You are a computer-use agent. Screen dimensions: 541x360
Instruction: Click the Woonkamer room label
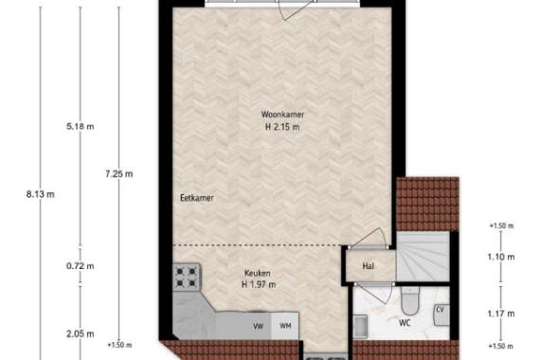tap(282, 114)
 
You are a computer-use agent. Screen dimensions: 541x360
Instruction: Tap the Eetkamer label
tap(197, 198)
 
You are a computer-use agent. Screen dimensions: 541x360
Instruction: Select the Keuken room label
tap(258, 274)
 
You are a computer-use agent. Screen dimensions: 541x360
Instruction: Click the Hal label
tap(369, 266)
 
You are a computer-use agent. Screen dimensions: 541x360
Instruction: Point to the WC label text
tap(405, 323)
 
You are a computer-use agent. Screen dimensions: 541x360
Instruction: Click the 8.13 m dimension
tap(41, 194)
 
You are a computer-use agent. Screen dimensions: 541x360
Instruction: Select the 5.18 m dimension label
tap(80, 127)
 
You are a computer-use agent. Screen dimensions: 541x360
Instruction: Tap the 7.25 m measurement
tap(119, 174)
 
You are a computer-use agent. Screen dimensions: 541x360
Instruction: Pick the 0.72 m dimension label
tap(80, 266)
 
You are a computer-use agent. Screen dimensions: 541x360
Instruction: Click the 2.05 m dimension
tap(80, 333)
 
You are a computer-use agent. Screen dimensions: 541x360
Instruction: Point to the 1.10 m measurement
tap(501, 257)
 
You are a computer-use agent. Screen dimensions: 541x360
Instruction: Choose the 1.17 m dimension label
tap(501, 314)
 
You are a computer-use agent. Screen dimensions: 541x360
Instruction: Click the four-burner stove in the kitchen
tap(187, 278)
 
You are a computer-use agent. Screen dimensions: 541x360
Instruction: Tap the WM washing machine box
tap(285, 326)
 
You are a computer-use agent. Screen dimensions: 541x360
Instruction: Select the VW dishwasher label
tap(258, 326)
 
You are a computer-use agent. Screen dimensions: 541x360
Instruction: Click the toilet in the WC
tap(410, 300)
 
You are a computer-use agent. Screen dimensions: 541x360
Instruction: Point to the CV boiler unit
tap(442, 315)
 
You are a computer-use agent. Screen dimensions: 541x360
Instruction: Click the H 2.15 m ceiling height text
tap(282, 127)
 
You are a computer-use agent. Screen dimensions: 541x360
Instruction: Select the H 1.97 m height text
tap(259, 285)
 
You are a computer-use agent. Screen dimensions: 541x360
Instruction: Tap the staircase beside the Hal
tap(423, 256)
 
